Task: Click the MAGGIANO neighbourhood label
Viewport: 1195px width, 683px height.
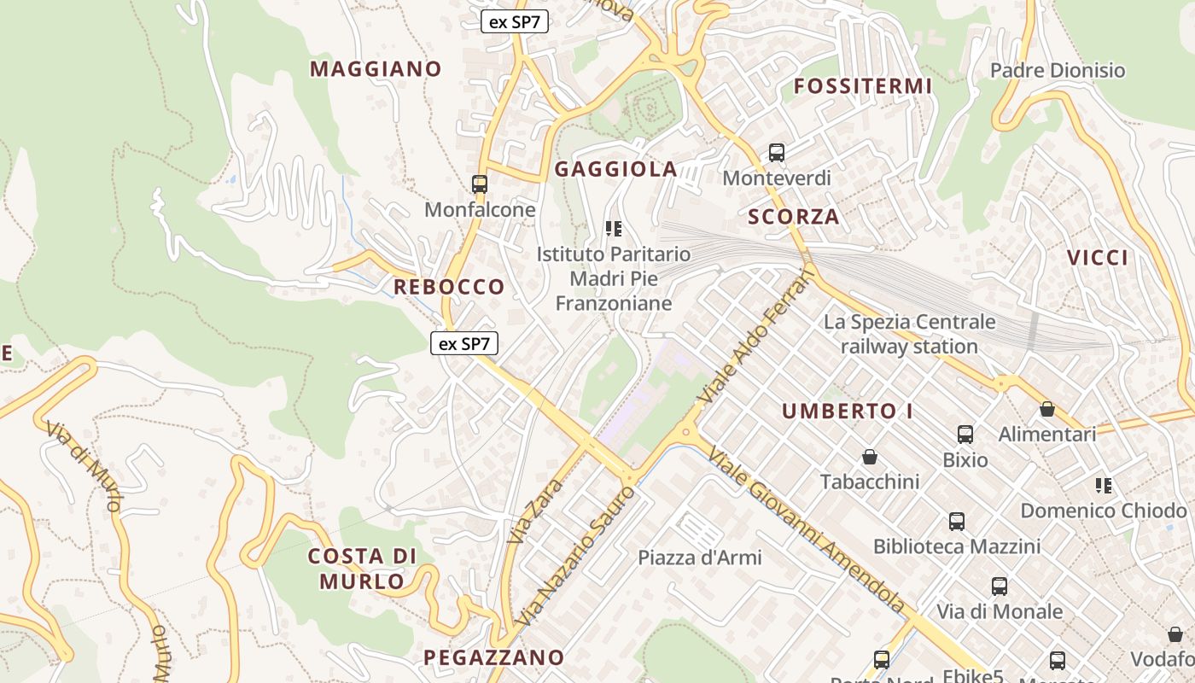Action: tap(376, 69)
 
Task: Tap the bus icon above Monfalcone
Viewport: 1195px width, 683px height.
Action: tap(480, 184)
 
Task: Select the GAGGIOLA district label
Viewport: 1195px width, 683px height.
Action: tap(615, 169)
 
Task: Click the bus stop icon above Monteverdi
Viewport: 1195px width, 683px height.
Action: tap(777, 153)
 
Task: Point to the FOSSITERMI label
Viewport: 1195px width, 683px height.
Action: tap(863, 86)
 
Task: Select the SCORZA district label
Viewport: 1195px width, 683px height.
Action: tap(794, 217)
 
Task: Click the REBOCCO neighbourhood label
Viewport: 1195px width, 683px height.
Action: tap(449, 287)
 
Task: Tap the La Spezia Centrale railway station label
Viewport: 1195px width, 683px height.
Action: tap(909, 334)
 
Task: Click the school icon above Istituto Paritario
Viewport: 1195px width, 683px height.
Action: tap(613, 228)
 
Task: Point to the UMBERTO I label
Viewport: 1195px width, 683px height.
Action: tap(848, 411)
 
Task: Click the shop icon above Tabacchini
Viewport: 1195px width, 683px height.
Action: tap(870, 457)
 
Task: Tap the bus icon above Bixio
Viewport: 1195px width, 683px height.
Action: tap(965, 435)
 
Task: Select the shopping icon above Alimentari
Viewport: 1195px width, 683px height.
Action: tap(1047, 409)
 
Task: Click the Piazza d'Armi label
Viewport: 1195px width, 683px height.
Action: tap(700, 557)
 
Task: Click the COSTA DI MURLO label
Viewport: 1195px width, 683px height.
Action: tap(362, 569)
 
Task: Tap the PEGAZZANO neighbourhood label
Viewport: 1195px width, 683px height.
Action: tap(493, 657)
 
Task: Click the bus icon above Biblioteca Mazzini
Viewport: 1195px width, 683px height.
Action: tap(957, 521)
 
